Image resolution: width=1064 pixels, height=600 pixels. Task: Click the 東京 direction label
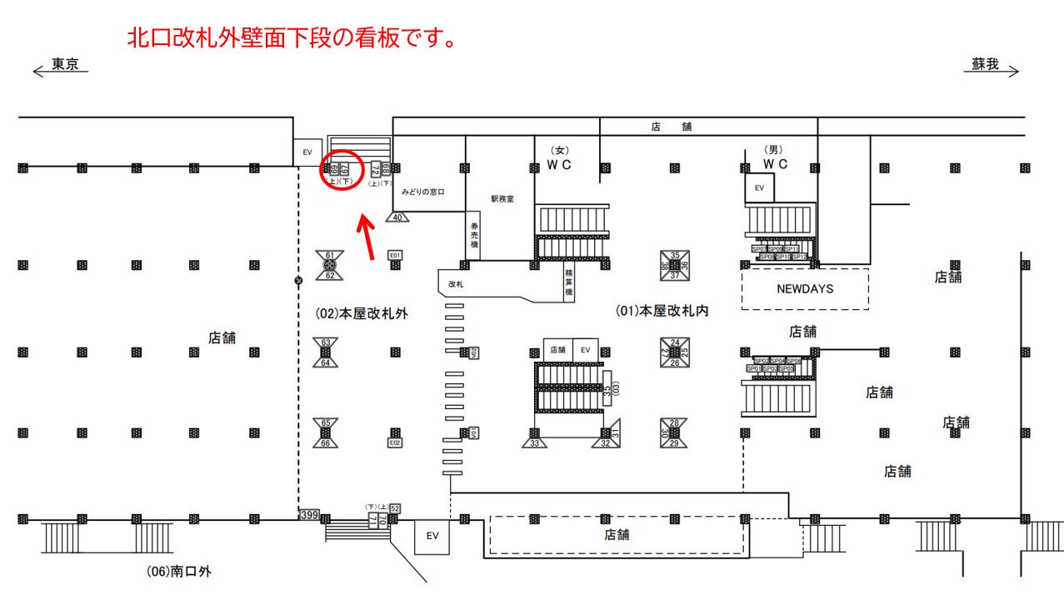(x=64, y=65)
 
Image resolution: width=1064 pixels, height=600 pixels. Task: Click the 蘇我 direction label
(x=986, y=65)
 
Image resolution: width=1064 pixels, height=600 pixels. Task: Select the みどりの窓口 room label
(x=423, y=192)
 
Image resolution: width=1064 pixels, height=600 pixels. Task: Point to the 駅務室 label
(x=502, y=199)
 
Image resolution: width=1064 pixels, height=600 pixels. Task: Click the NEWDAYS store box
(x=805, y=289)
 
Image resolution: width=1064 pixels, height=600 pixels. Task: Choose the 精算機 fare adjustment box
(x=569, y=282)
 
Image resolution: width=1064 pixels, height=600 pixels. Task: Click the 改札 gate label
(x=456, y=284)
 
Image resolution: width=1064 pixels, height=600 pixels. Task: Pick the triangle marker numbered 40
(x=397, y=217)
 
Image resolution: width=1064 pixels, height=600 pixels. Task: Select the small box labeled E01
(x=396, y=255)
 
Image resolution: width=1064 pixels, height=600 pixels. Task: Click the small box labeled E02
(x=396, y=442)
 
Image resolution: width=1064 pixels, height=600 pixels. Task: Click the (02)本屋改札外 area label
(x=355, y=313)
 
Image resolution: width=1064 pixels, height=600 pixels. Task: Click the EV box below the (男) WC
(x=759, y=188)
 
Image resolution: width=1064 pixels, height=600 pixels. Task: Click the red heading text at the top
(x=291, y=38)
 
